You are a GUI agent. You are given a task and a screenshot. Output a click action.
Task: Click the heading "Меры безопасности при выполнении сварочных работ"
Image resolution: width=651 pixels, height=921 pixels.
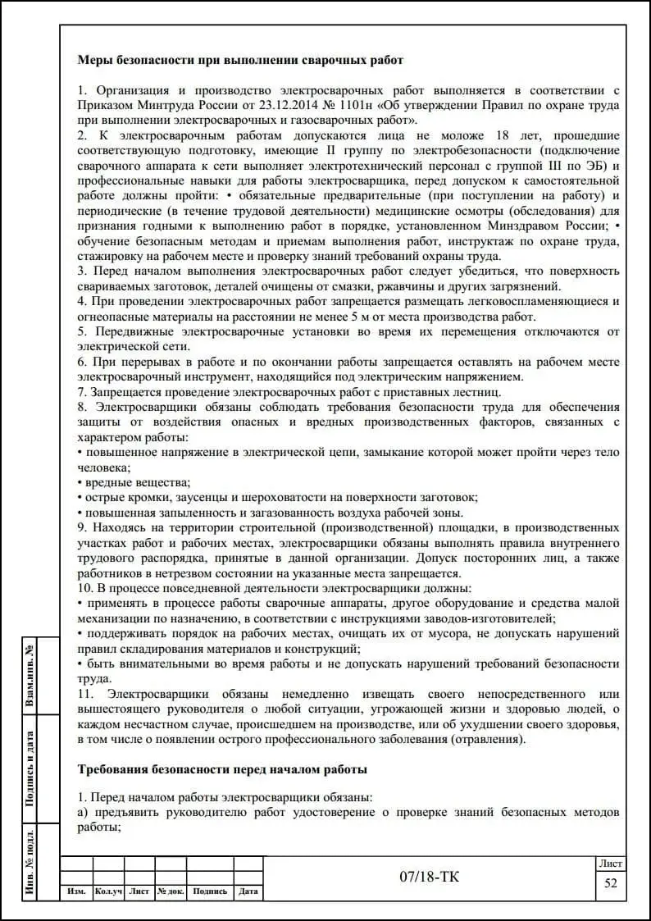pos(240,60)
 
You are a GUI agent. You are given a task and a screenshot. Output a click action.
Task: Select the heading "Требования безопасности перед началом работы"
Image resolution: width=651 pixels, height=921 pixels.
pos(222,769)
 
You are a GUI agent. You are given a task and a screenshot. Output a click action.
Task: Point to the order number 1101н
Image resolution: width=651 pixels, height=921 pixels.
pos(354,105)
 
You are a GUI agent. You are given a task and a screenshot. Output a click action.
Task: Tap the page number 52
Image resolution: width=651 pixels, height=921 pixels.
pos(611,882)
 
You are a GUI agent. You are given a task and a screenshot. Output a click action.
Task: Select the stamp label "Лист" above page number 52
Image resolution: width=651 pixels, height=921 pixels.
pos(611,864)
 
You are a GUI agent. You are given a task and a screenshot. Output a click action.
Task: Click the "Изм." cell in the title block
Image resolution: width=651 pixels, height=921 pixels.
pos(76,891)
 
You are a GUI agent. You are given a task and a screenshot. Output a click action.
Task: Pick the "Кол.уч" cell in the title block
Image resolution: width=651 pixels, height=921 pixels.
pos(108,891)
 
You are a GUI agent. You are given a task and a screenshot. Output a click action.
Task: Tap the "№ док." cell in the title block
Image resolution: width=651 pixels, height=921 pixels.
pos(171,891)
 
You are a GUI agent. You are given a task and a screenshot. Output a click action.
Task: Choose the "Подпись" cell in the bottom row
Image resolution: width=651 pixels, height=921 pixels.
pos(210,891)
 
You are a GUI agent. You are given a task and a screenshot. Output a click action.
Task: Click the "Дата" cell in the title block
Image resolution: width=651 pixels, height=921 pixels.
pos(248,891)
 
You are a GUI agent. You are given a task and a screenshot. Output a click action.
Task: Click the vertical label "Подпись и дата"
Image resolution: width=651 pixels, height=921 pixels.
pos(30,769)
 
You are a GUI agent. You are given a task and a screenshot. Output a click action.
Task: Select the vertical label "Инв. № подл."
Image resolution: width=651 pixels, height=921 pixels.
pos(30,863)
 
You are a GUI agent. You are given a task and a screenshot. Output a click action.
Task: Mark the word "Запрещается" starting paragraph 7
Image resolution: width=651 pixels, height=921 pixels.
pos(125,391)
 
